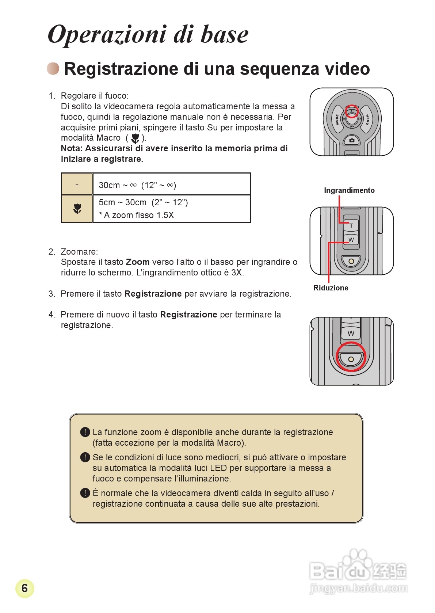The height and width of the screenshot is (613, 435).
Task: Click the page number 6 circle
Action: point(24,588)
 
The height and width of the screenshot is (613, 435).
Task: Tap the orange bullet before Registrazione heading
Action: point(53,68)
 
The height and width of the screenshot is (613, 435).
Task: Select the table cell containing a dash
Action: point(77,184)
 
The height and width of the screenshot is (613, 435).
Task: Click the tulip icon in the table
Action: point(77,209)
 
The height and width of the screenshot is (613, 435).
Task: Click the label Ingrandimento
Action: point(349,190)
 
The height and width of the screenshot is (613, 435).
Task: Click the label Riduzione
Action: point(331,288)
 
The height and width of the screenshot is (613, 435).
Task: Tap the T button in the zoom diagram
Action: point(351,225)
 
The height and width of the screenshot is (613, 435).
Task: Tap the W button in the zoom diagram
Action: point(351,240)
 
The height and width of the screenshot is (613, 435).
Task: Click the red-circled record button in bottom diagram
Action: point(351,359)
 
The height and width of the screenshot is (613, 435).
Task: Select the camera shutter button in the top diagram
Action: point(352,140)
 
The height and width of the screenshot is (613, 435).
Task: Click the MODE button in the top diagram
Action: point(337,119)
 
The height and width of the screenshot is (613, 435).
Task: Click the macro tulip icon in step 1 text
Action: point(135,138)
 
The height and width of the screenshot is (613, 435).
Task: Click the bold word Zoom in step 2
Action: point(137,262)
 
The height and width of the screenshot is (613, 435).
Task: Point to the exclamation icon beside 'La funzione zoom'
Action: point(85,432)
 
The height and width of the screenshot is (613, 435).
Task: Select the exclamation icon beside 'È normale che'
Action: point(85,493)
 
